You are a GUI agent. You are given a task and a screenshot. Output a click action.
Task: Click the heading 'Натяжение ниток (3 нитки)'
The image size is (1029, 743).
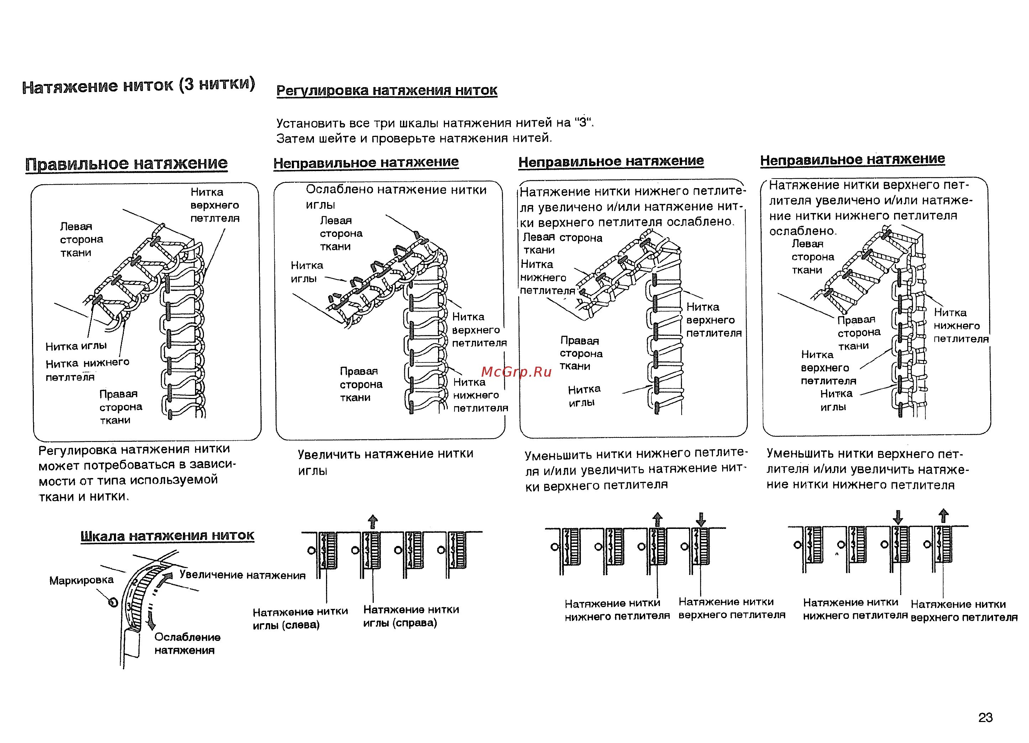pos(138,85)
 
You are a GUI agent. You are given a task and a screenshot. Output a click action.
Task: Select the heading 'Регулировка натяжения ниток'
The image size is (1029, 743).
pos(387,90)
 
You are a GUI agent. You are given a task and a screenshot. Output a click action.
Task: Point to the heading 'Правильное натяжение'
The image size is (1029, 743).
pos(127,163)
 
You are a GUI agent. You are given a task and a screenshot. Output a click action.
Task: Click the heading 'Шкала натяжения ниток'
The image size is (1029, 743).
pos(167,536)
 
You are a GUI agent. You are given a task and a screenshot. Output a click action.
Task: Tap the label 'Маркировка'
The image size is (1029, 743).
pos(81,580)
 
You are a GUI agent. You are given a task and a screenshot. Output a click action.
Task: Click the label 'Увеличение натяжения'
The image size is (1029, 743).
pos(242,575)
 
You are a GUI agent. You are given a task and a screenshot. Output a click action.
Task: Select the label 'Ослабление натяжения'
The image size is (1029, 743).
pos(187,643)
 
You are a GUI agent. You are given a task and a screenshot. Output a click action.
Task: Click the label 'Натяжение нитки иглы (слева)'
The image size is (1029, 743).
pos(300,618)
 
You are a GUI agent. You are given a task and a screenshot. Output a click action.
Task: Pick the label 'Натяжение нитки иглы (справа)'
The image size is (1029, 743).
pos(411,616)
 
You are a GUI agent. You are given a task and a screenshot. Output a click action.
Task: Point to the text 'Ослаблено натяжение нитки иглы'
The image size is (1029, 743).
pos(396,197)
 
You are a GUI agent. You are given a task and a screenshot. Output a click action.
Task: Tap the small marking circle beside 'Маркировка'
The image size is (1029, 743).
pos(113,602)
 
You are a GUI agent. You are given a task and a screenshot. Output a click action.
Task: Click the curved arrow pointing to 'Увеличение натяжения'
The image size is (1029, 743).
pos(166,579)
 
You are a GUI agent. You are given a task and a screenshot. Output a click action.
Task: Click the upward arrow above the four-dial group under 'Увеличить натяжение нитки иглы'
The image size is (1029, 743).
pos(373,521)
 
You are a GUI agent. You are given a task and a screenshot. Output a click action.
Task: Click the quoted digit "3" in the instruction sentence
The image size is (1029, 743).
pos(583,123)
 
